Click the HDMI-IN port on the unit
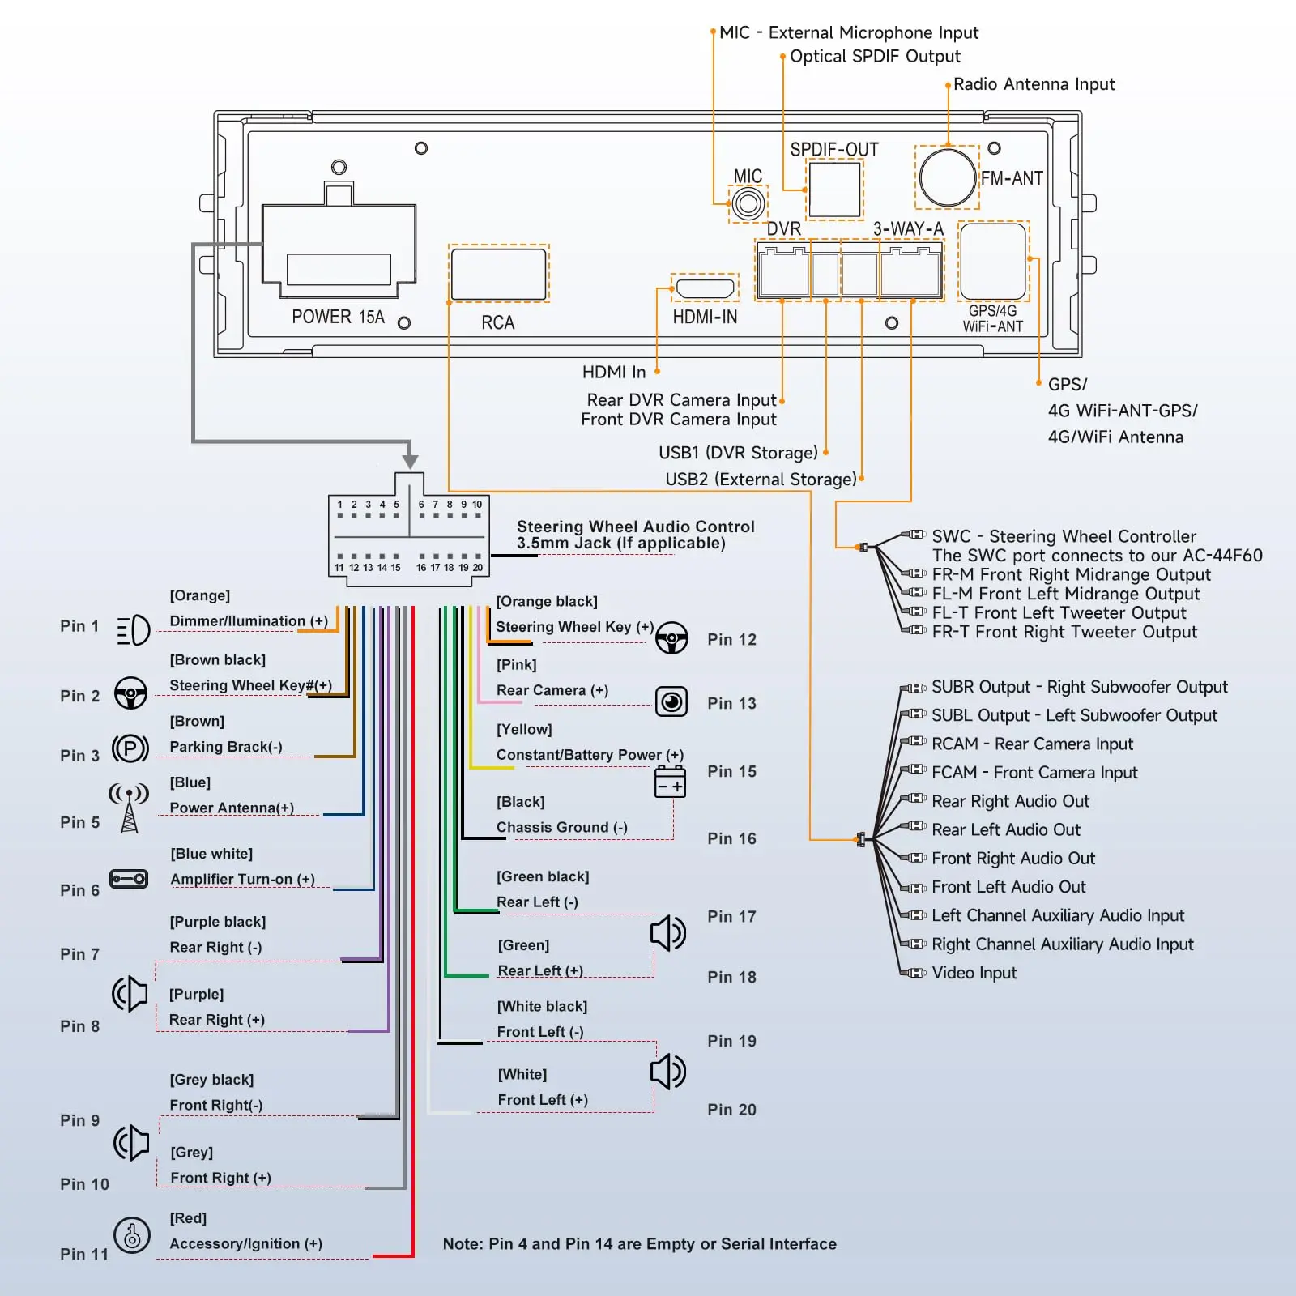(705, 288)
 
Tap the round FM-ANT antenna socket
(947, 177)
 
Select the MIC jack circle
(748, 203)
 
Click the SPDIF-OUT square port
(834, 190)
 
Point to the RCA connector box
(498, 274)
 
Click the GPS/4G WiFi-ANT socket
(993, 262)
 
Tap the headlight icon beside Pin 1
(133, 629)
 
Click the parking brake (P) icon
(130, 748)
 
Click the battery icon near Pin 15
(670, 782)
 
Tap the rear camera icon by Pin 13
(671, 701)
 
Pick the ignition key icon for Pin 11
(131, 1236)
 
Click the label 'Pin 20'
(731, 1110)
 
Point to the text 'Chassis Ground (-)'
(561, 827)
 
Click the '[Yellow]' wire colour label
(524, 729)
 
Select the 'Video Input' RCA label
(974, 973)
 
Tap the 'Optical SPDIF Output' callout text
(875, 57)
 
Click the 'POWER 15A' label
(338, 317)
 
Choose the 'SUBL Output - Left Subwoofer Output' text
(1074, 715)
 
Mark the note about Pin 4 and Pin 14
(639, 1244)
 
